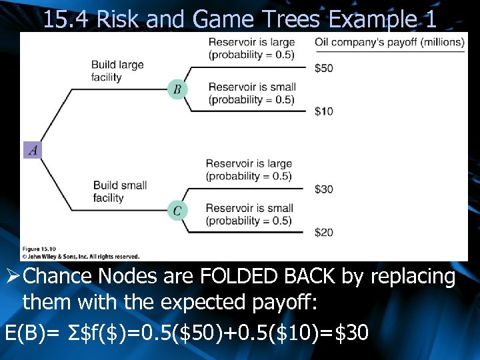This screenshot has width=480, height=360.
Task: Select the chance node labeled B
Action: (x=177, y=89)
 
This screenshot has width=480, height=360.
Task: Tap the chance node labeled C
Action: (x=177, y=211)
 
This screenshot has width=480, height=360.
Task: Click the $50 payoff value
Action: (x=324, y=68)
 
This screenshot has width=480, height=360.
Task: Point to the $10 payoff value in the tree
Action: (x=324, y=111)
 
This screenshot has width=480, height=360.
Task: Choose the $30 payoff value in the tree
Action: (x=324, y=189)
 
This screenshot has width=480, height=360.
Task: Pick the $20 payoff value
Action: (x=324, y=232)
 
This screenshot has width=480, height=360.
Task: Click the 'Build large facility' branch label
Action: (x=117, y=71)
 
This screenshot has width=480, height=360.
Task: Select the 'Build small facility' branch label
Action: (x=120, y=191)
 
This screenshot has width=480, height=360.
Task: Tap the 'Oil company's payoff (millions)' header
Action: (x=389, y=42)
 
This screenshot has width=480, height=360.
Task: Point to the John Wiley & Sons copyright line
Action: (x=80, y=255)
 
